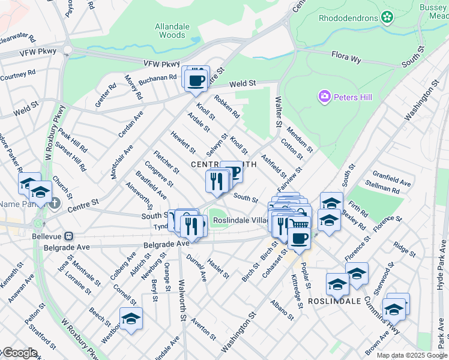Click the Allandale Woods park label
coord(172,31)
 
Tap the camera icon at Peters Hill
coord(325,97)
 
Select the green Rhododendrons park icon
coord(386,18)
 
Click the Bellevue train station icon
coord(70,236)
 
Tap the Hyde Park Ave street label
coord(441,265)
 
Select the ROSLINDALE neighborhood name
coord(334,301)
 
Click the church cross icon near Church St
coord(55,203)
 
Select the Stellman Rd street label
coord(387,190)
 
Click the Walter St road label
coord(278,112)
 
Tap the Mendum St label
coord(299,139)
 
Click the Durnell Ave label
coord(196,268)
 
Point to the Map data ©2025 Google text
coord(412,355)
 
